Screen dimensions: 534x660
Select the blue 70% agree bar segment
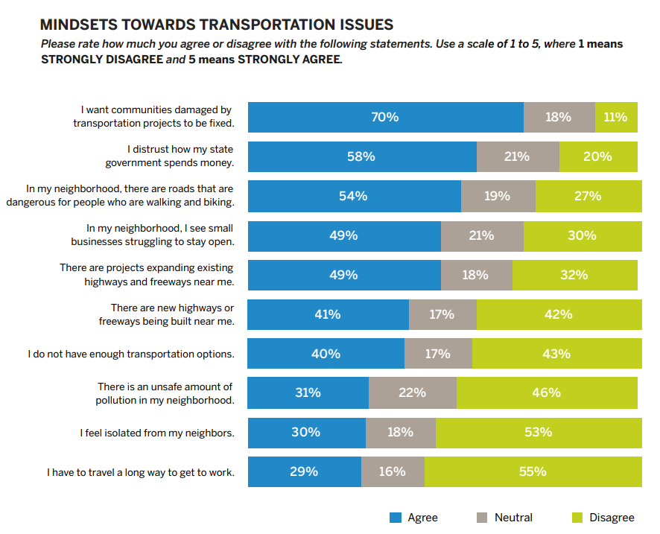tap(385, 117)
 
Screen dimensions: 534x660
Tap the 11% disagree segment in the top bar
tap(616, 117)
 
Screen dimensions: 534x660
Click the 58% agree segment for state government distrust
tap(361, 156)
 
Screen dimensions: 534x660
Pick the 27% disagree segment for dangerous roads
tap(588, 196)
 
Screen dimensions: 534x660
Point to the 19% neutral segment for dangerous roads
tap(498, 196)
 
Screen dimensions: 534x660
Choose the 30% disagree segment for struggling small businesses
tap(582, 235)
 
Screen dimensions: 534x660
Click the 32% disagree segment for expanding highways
tap(574, 275)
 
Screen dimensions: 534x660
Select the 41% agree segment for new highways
tap(328, 314)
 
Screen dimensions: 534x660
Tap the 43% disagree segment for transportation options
tap(556, 354)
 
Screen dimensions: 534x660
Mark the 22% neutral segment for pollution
tap(412, 392)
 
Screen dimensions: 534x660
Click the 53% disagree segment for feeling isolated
tap(538, 432)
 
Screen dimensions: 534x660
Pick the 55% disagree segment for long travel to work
tap(533, 471)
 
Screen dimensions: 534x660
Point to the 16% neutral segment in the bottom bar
tap(393, 471)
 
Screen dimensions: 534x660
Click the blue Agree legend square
tap(396, 518)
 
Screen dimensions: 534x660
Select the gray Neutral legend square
tap(480, 518)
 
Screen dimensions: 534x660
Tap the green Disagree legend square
tap(577, 518)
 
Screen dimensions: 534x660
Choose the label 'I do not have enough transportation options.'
tap(131, 354)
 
